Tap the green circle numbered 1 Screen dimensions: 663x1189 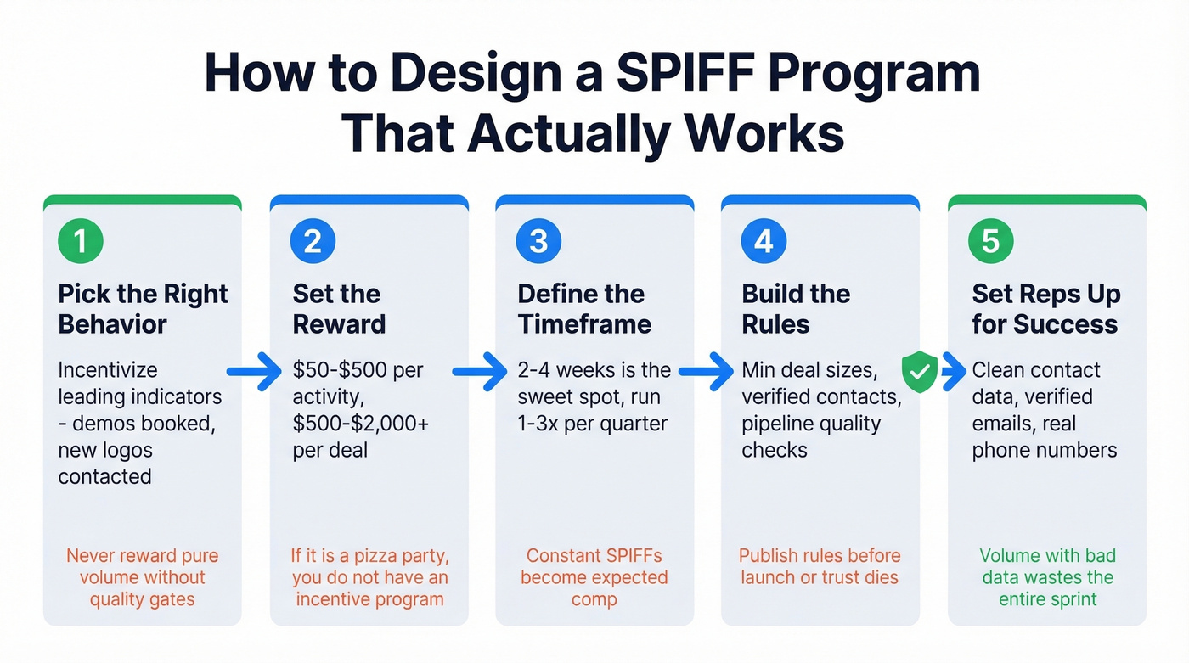[81, 241]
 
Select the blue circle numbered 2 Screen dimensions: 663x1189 [312, 241]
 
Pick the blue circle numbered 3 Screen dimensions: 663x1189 [538, 241]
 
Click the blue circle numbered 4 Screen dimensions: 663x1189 [764, 241]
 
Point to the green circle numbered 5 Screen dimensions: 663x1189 [990, 241]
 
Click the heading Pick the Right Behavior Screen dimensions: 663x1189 [143, 309]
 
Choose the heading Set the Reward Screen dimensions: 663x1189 [339, 309]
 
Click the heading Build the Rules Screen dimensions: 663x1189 [796, 309]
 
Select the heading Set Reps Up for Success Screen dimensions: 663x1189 [1045, 309]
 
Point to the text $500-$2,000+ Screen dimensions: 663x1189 [361, 424]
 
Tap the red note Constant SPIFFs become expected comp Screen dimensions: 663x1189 [594, 577]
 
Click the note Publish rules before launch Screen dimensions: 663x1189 [820, 566]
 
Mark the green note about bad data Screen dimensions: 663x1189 [1046, 577]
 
